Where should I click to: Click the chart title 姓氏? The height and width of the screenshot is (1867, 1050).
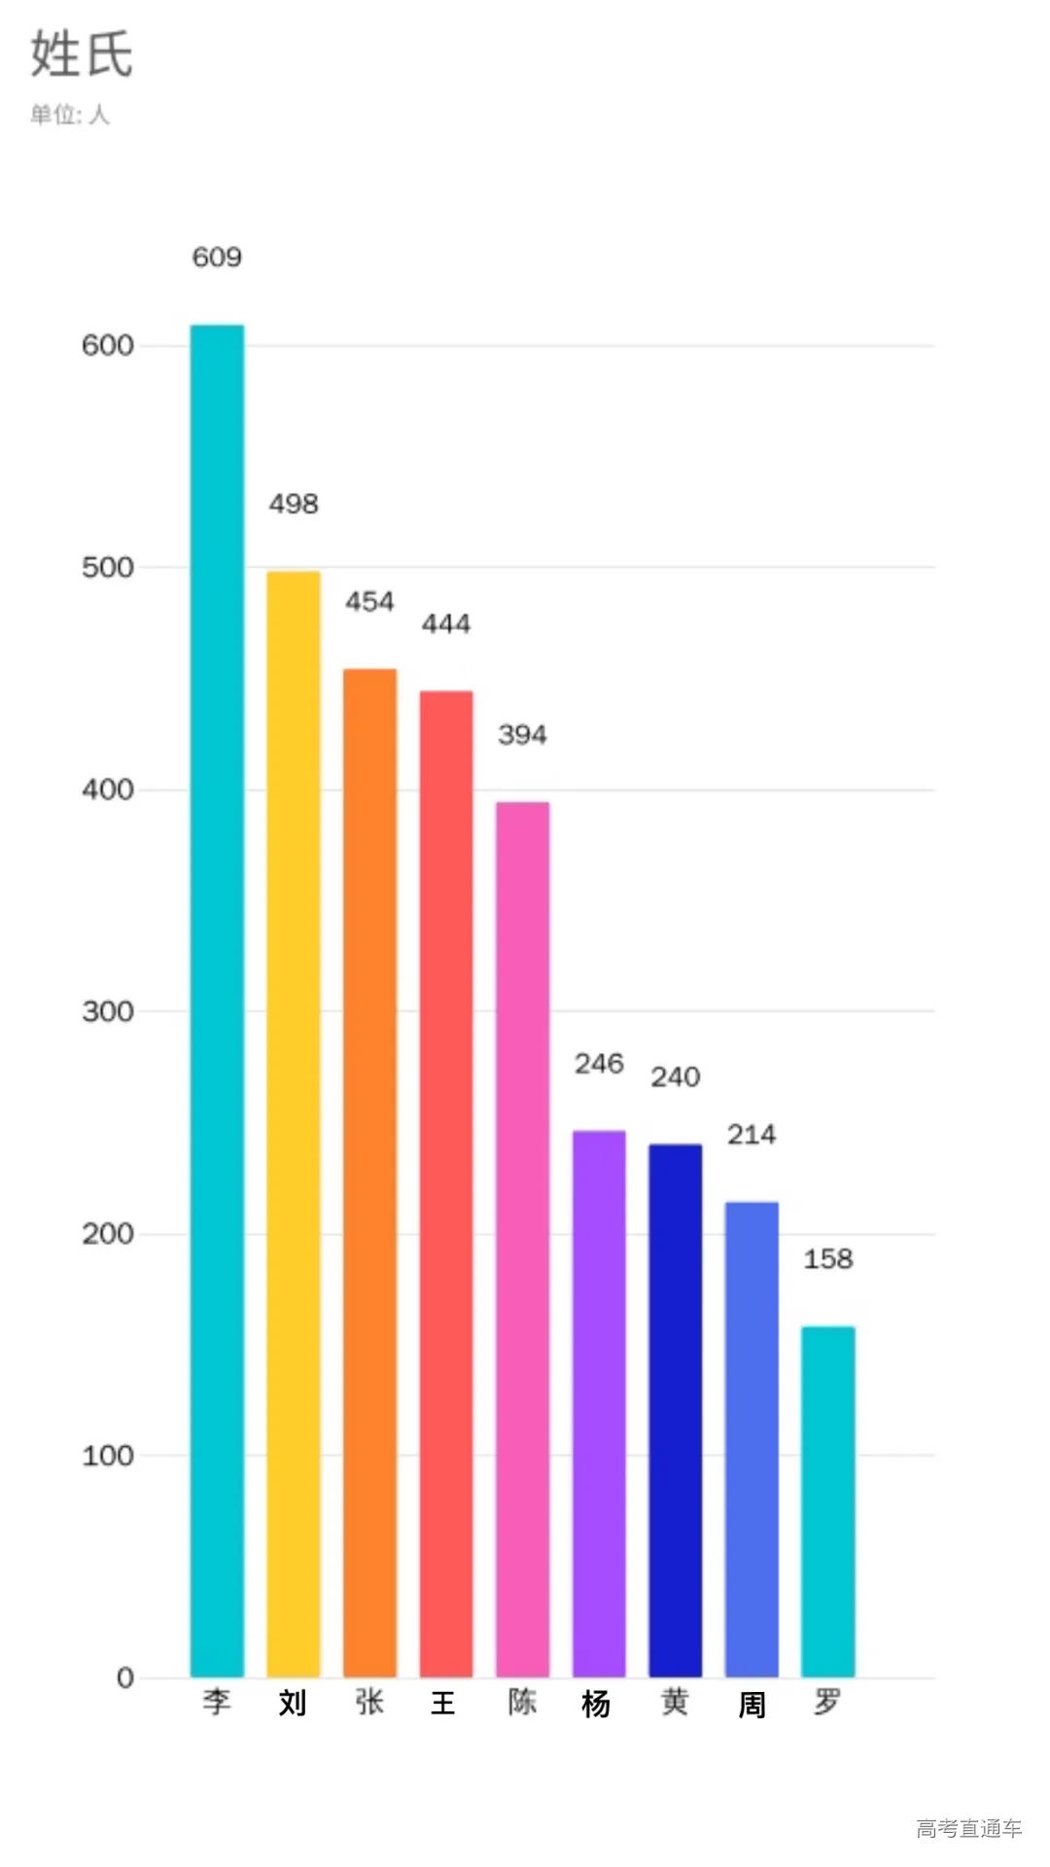click(x=82, y=53)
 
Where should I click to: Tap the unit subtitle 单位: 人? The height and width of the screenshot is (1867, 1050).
click(x=70, y=115)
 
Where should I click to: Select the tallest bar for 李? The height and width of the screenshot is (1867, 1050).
click(x=217, y=1002)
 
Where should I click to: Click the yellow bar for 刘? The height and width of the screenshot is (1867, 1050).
click(x=294, y=1124)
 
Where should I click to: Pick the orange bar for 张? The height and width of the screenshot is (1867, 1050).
click(x=369, y=1173)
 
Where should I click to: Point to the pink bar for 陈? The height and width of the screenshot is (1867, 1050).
click(x=522, y=1239)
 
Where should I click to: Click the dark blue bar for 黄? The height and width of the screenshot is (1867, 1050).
click(x=675, y=1410)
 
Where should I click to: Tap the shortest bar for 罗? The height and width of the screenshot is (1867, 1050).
click(x=827, y=1501)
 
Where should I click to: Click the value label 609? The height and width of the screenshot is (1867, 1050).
click(x=217, y=258)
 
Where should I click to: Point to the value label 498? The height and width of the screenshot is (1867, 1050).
click(x=294, y=505)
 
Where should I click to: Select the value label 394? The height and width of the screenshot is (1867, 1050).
click(x=522, y=735)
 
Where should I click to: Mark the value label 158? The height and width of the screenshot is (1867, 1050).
click(x=827, y=1259)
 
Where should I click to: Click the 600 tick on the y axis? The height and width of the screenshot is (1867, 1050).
click(x=108, y=345)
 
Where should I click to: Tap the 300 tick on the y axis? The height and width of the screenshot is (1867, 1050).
click(x=108, y=1011)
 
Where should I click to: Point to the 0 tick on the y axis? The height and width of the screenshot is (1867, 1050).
click(x=125, y=1677)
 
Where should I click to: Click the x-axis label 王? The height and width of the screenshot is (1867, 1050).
click(x=443, y=1703)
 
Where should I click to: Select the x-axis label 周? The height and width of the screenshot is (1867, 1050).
click(x=752, y=1705)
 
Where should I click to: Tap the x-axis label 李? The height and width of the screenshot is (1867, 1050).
click(x=217, y=1702)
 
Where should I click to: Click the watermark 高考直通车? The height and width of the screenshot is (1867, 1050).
click(x=968, y=1828)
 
